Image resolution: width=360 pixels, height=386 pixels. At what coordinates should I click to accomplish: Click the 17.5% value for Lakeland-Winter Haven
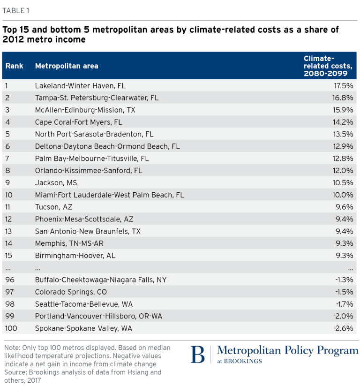tap(341, 86)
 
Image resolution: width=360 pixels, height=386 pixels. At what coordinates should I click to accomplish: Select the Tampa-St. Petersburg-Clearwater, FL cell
tap(97, 98)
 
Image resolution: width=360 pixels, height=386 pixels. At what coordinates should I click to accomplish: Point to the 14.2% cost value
tap(341, 122)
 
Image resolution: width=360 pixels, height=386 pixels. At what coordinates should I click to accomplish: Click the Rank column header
tap(15, 66)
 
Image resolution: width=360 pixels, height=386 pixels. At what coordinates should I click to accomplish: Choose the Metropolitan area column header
tap(67, 66)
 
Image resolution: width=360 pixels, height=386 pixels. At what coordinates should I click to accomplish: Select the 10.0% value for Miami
tap(341, 195)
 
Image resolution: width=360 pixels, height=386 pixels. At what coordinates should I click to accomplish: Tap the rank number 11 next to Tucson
tap(9, 207)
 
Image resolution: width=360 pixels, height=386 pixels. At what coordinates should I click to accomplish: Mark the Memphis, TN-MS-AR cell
tap(64, 243)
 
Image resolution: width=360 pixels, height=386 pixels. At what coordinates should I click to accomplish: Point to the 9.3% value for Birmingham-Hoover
tap(344, 256)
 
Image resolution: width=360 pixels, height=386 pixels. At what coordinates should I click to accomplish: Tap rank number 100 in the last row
tap(11, 328)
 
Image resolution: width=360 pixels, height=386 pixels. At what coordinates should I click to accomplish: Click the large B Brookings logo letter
tap(197, 355)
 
